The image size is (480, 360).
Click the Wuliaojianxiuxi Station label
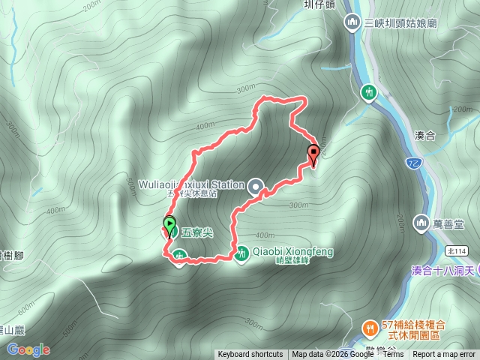191,184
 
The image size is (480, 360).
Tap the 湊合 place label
424,136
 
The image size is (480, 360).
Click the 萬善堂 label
450,223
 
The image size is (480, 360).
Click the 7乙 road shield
413,162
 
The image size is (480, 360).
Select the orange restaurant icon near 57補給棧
370,328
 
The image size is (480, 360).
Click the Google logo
28,349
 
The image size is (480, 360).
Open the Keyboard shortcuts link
250,355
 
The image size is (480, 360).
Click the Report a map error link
448,355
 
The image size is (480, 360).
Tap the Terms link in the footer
393,355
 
